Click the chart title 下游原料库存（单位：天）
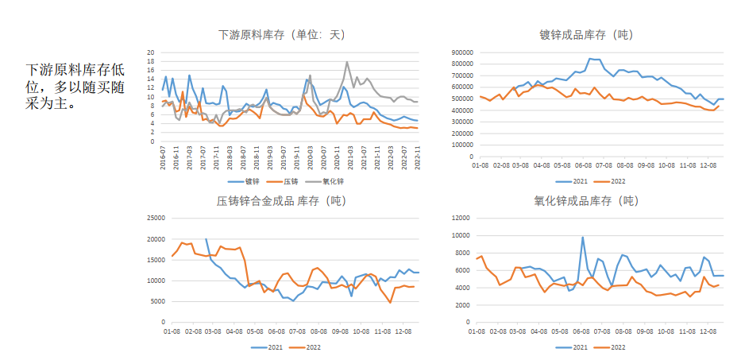pos(282,35)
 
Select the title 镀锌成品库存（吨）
pos(586,35)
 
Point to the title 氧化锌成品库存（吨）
pos(586,201)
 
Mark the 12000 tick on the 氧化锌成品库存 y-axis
pos(461,219)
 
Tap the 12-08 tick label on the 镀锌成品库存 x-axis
pos(708,165)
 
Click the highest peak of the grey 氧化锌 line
pos(347,62)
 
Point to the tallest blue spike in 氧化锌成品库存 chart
pos(582,237)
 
